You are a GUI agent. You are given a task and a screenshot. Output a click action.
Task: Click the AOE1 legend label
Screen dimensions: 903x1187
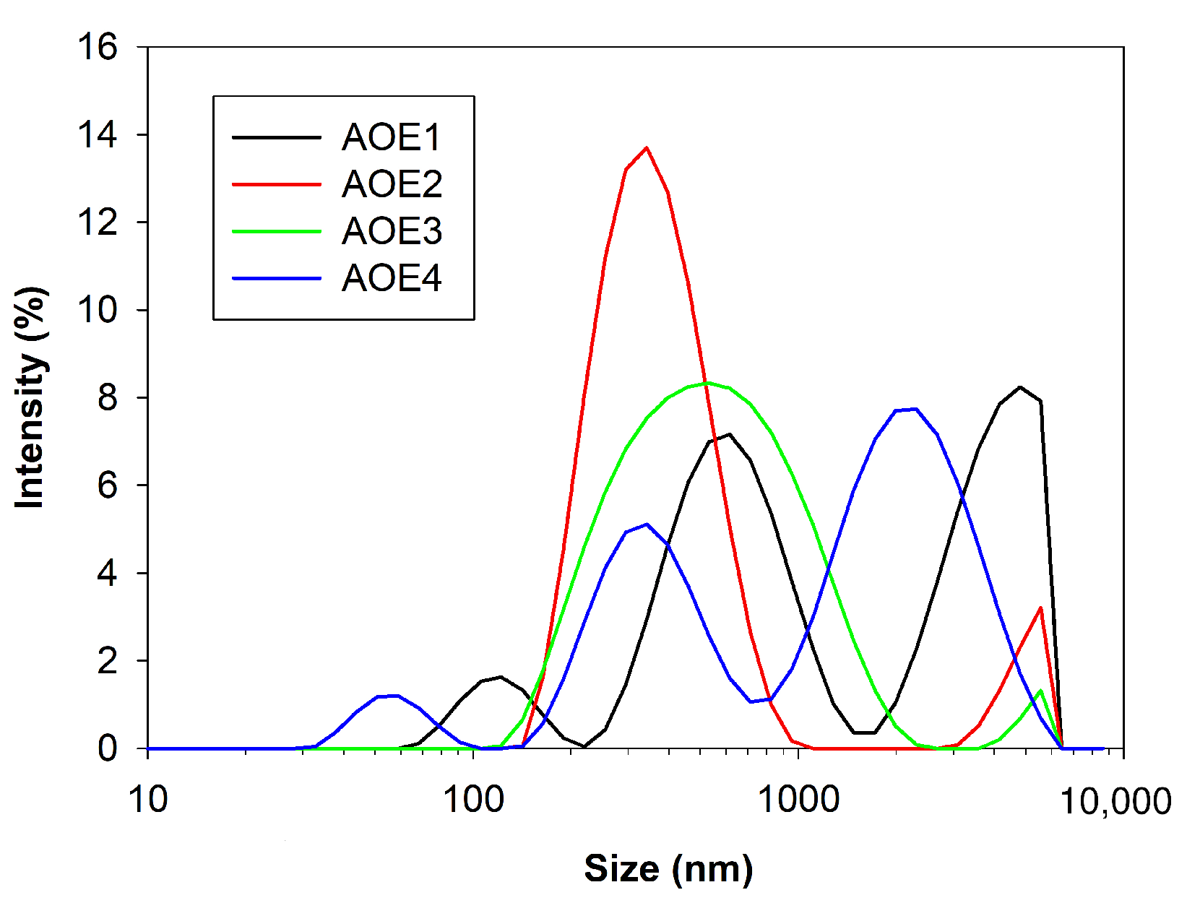(x=391, y=137)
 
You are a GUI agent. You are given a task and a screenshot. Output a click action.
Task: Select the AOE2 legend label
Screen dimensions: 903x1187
(x=392, y=184)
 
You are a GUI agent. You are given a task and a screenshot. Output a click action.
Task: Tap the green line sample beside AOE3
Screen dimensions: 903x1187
(x=276, y=232)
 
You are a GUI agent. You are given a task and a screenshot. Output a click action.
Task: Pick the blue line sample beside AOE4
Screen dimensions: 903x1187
(x=276, y=279)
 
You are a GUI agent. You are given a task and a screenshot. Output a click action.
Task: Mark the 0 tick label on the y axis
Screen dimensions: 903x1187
(x=107, y=748)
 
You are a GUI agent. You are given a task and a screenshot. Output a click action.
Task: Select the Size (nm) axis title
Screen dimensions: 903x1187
(x=668, y=868)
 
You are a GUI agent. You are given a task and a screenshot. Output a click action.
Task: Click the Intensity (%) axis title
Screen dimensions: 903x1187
(x=32, y=397)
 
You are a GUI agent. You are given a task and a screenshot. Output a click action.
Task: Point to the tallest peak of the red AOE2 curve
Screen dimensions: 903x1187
(x=646, y=148)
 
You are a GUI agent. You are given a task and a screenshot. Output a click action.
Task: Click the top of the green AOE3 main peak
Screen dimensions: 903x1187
(x=708, y=383)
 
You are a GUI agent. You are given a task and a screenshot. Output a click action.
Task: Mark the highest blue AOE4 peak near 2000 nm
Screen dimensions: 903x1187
(x=915, y=409)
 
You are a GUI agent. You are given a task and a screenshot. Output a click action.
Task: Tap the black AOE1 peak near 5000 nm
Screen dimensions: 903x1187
(x=1020, y=387)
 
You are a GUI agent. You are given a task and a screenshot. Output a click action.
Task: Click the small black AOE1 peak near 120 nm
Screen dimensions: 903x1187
(x=501, y=677)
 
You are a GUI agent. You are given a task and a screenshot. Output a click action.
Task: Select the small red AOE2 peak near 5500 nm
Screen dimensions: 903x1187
(x=1040, y=608)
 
